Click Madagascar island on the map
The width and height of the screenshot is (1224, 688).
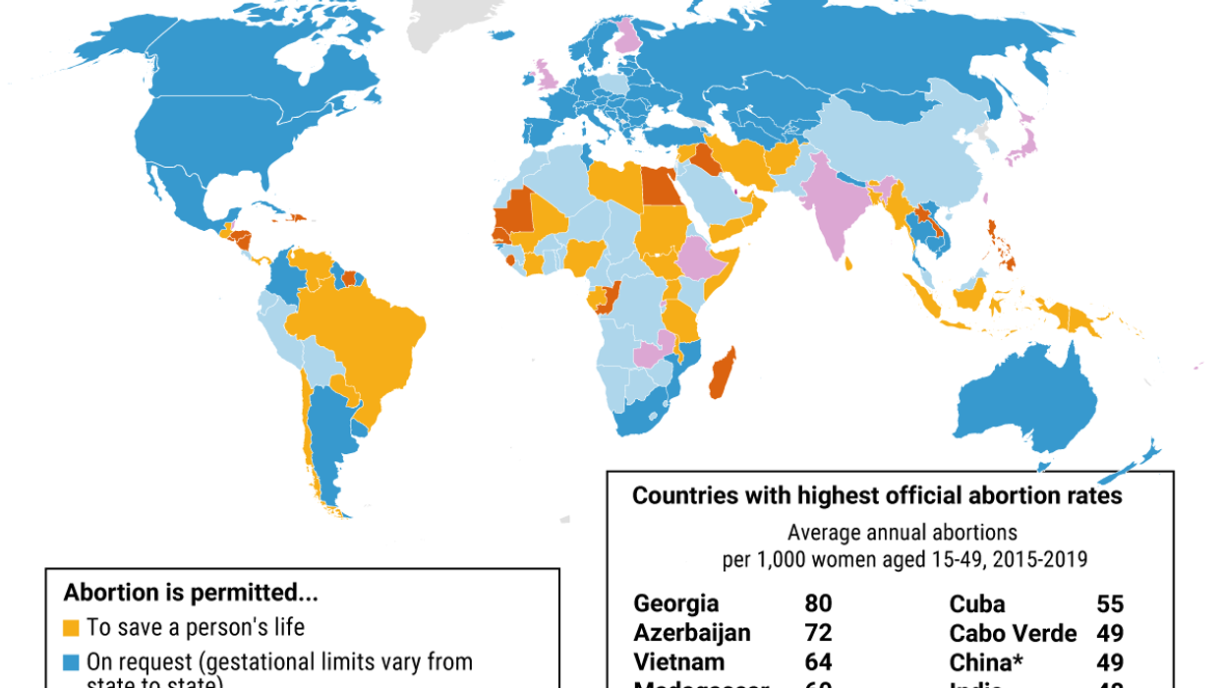[722, 373]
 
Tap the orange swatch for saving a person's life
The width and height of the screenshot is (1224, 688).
[71, 627]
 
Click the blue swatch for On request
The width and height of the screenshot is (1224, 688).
[71, 661]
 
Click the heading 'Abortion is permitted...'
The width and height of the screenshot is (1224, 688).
[191, 593]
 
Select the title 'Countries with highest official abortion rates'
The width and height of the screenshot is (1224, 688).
[877, 495]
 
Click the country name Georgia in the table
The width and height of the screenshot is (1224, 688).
[676, 603]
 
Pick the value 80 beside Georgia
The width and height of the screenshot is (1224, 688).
[818, 603]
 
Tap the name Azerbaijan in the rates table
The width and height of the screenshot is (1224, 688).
[692, 633]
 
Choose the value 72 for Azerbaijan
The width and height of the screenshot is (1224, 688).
[818, 633]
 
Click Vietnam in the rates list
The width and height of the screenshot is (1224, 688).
[679, 662]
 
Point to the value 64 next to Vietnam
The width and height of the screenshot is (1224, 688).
[818, 662]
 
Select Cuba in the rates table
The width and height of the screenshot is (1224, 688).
[977, 603]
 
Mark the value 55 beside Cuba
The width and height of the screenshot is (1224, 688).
[1110, 603]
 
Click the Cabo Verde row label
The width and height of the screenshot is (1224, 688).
[1013, 633]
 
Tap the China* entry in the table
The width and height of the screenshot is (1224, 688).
[986, 662]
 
